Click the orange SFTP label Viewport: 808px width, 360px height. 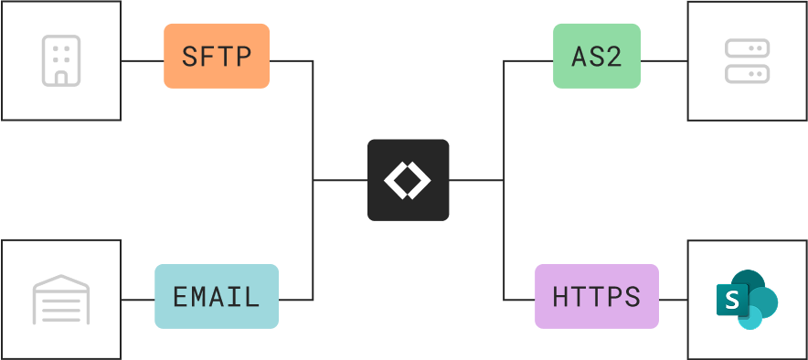pyautogui.click(x=217, y=56)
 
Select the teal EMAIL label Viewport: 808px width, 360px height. pyautogui.click(x=217, y=296)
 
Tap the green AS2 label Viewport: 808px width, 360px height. pyautogui.click(x=596, y=56)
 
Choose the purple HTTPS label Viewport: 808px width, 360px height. pyautogui.click(x=596, y=296)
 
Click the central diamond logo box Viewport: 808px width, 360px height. pyautogui.click(x=408, y=180)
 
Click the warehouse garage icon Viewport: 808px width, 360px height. pyautogui.click(x=59, y=300)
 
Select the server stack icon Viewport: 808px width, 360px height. pyautogui.click(x=747, y=60)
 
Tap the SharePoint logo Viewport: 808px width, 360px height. pyautogui.click(x=747, y=299)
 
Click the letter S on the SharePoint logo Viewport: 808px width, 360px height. pyautogui.click(x=732, y=300)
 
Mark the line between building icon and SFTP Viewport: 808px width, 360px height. pyautogui.click(x=143, y=60)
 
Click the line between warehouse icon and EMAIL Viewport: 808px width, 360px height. pyautogui.click(x=138, y=300)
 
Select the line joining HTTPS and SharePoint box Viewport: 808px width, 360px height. pyautogui.click(x=673, y=300)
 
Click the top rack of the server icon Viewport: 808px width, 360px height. pyautogui.click(x=747, y=49)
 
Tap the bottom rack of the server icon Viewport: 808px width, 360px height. pyautogui.click(x=747, y=72)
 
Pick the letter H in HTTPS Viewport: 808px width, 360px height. pyautogui.click(x=560, y=297)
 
